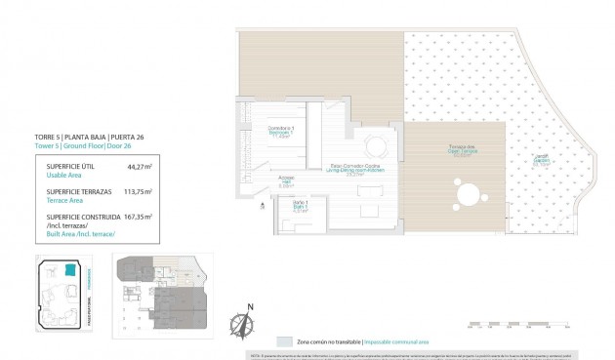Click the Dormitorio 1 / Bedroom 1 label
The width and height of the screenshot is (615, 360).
tap(283, 134)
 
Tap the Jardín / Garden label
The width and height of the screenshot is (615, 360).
tap(539, 162)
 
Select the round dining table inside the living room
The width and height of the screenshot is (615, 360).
tap(377, 148)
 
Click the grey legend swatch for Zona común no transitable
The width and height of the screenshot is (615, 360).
tap(284, 342)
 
